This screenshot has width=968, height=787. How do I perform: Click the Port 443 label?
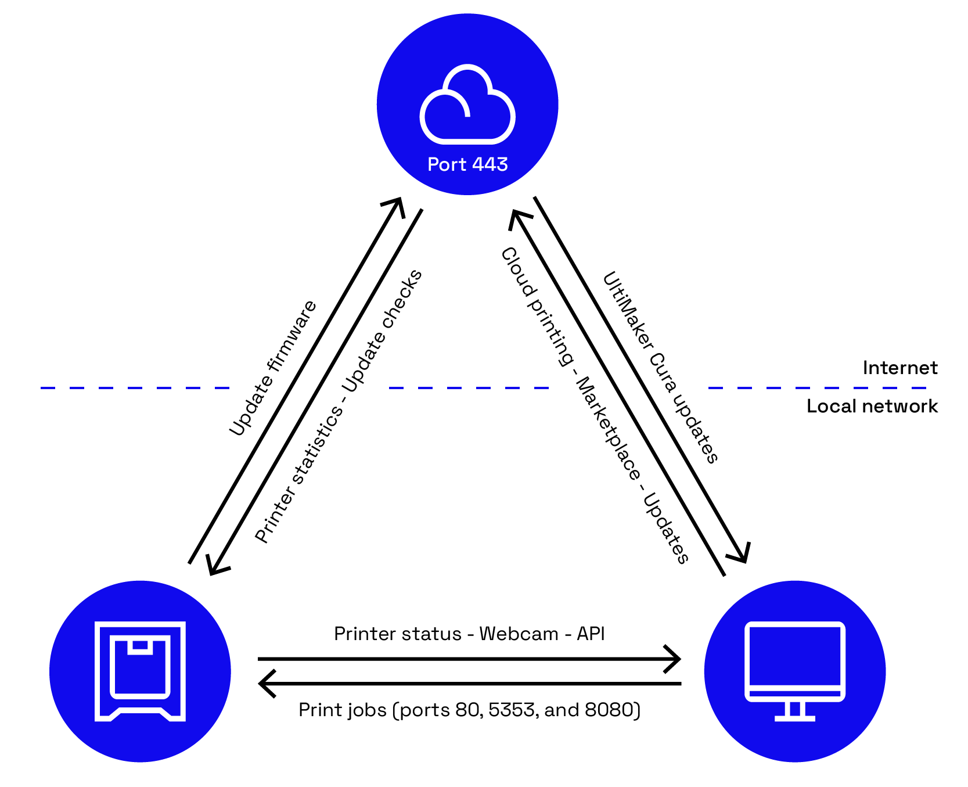pyautogui.click(x=467, y=164)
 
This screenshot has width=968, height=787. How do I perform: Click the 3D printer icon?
pyautogui.click(x=140, y=671)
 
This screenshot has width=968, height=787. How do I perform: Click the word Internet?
pyautogui.click(x=899, y=368)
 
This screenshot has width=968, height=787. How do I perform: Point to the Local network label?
pyautogui.click(x=872, y=406)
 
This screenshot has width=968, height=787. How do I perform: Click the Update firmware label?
pyautogui.click(x=272, y=369)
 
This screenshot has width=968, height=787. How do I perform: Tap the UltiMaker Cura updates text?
pyautogui.click(x=661, y=367)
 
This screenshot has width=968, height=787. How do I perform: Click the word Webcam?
pyautogui.click(x=519, y=634)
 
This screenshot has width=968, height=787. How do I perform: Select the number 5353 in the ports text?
pyautogui.click(x=507, y=710)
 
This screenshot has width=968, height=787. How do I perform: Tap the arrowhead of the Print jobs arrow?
pyautogui.click(x=265, y=684)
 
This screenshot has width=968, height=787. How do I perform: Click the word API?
pyautogui.click(x=591, y=634)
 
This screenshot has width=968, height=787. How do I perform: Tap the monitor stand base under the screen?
pyautogui.click(x=794, y=717)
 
